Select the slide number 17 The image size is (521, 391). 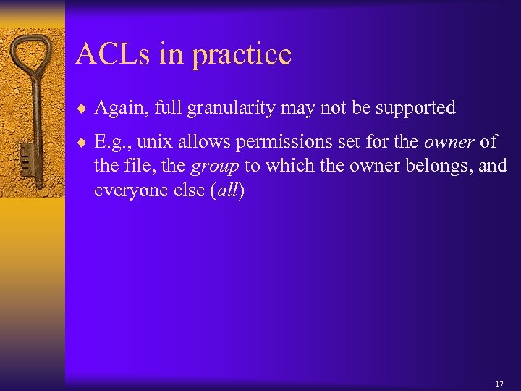click(499, 383)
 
